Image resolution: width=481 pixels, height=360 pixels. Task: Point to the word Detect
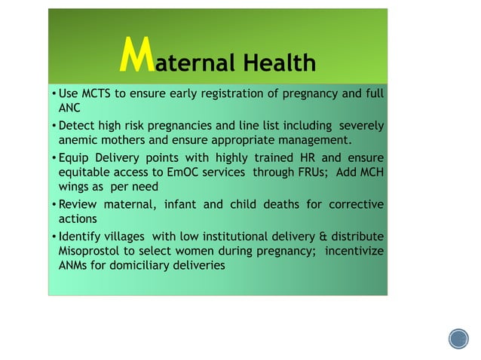coord(78,126)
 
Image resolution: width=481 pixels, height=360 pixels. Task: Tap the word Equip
coord(75,157)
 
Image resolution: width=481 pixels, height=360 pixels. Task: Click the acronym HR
coord(290,157)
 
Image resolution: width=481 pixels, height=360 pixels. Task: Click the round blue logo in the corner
coord(458,339)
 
